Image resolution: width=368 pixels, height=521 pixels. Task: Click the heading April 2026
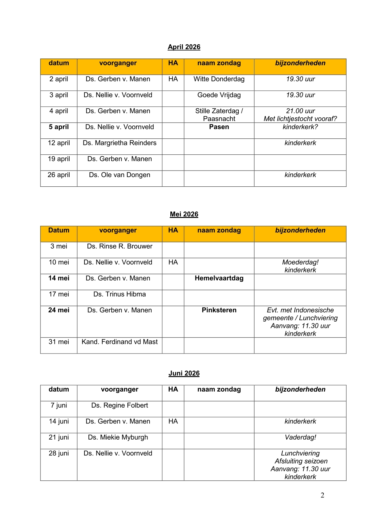point(184,47)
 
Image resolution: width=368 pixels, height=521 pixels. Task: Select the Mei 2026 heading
point(184,214)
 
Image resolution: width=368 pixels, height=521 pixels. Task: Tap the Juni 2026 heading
point(184,373)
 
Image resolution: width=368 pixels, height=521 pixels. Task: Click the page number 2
point(322,495)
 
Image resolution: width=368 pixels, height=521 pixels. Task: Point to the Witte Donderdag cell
point(219,79)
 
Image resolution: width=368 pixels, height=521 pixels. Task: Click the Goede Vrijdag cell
point(219,95)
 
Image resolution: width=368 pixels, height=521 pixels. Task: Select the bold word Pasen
point(219,127)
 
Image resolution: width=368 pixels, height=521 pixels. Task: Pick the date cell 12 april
point(59,143)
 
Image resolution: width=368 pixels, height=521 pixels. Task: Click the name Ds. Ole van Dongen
point(120,175)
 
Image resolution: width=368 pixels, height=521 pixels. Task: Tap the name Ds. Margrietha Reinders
point(120,143)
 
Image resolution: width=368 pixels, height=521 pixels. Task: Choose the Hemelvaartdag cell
point(219,278)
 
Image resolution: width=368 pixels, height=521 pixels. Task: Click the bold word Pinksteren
point(219,310)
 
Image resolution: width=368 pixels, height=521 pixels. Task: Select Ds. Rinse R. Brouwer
point(120,246)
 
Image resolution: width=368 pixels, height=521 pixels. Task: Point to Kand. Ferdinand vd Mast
point(120,342)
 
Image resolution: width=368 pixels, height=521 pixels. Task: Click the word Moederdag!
point(300,262)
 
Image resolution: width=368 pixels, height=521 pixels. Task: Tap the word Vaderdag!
point(300,437)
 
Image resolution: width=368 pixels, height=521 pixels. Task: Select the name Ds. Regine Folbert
point(120,406)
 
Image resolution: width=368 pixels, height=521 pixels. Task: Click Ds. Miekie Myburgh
point(118,437)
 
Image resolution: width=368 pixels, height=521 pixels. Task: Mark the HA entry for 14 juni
point(173,421)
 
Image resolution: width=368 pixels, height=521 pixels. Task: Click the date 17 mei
point(59,294)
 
